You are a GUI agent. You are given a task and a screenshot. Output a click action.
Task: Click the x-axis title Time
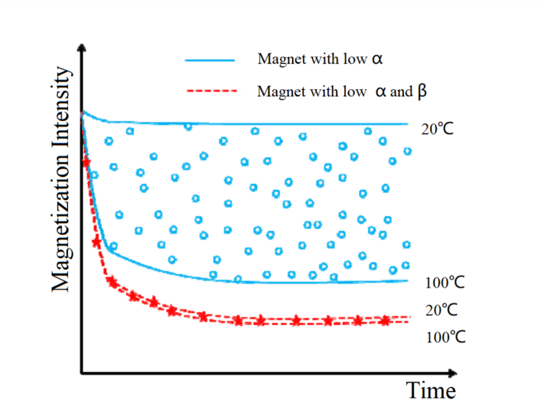pos(431,391)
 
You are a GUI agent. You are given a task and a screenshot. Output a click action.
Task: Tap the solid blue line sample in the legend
pos(211,60)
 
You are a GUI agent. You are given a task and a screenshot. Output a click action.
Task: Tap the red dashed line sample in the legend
pos(211,91)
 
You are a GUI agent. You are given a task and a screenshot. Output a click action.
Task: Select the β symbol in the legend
pos(421,91)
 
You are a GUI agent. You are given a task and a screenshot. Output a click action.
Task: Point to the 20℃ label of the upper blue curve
pos(437,128)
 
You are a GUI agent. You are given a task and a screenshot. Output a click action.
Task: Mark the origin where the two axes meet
pos(81,373)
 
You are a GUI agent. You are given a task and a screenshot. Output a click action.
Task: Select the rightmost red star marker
pos(386,320)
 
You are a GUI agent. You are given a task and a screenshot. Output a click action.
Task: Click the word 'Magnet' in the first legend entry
pos(278,60)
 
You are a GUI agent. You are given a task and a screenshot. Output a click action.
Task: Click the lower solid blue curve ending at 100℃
pos(319,281)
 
